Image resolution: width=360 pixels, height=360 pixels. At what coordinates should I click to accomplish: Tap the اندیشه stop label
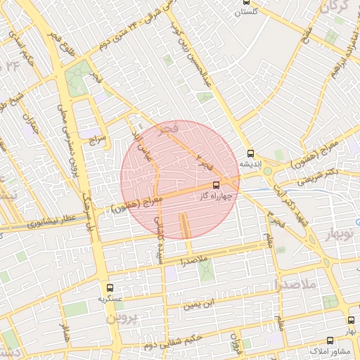[251, 164]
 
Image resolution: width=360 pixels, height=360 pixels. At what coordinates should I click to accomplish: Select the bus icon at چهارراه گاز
[225, 185]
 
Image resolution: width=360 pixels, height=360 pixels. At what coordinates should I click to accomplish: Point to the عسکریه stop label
[110, 298]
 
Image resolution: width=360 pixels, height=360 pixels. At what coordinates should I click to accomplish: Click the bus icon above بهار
[349, 320]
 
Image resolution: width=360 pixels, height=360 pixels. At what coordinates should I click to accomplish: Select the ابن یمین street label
[197, 305]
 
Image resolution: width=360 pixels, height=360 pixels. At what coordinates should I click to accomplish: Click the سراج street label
[96, 141]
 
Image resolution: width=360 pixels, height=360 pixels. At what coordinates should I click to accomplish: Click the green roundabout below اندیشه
[267, 171]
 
